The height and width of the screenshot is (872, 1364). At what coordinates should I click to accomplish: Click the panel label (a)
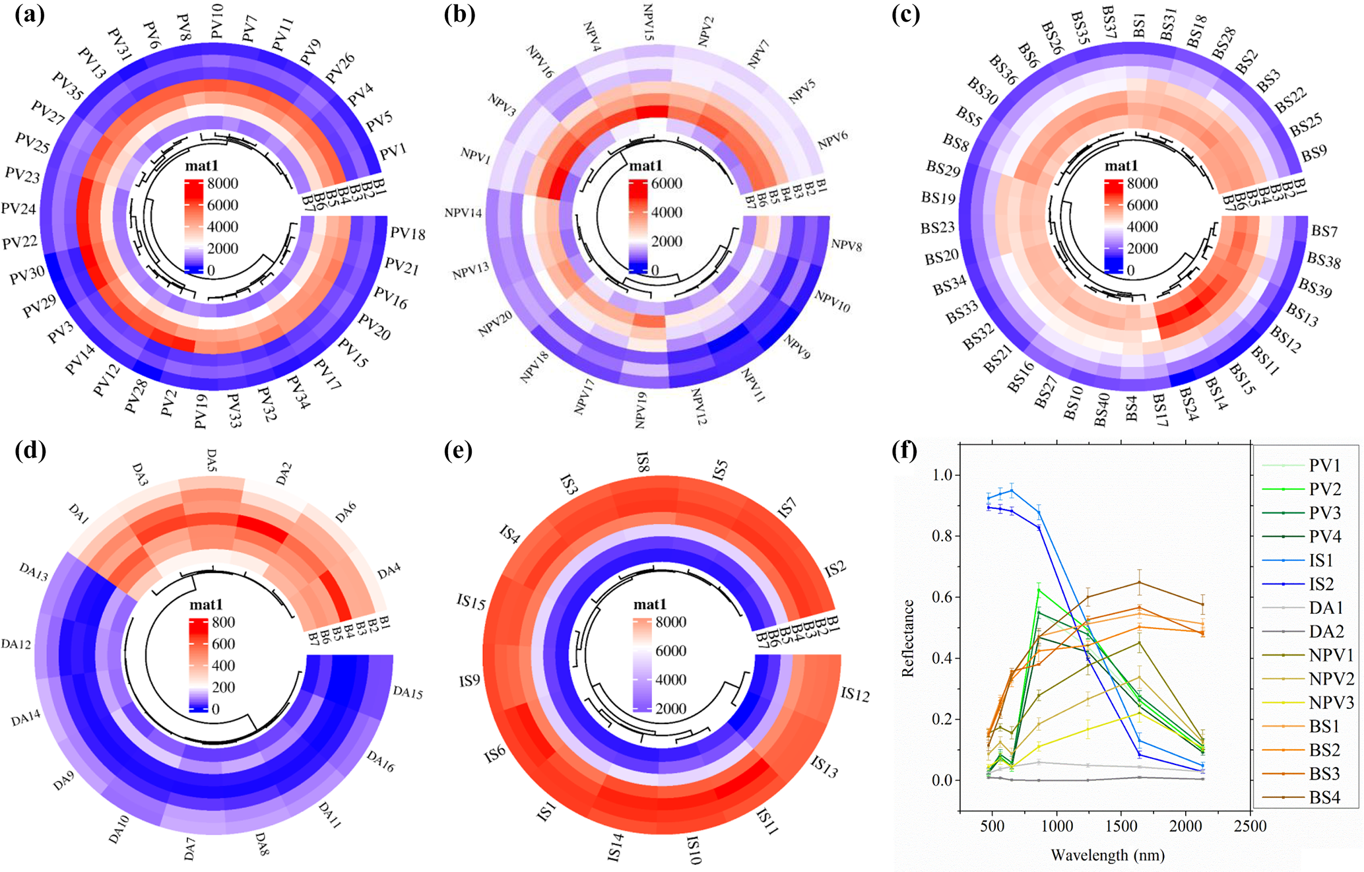[30, 15]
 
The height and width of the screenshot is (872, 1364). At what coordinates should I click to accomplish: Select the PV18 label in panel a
[407, 234]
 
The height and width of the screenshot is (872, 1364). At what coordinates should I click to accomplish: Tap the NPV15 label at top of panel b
[648, 22]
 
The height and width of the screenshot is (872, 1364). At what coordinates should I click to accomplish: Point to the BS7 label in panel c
[1324, 231]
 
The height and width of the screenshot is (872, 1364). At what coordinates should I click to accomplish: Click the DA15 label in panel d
[408, 692]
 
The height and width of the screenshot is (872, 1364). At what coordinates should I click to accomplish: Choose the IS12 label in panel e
[855, 694]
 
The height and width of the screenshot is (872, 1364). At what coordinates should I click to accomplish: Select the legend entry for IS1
[1321, 560]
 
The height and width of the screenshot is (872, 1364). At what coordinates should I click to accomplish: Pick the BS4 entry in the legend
[1324, 797]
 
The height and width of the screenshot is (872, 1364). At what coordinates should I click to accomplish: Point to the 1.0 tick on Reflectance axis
[943, 475]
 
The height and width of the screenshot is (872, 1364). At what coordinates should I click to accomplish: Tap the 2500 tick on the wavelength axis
[1250, 826]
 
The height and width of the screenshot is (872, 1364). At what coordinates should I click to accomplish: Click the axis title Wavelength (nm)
[1107, 855]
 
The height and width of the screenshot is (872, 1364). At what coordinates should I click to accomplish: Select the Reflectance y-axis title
[908, 638]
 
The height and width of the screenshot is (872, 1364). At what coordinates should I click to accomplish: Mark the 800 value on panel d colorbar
[223, 622]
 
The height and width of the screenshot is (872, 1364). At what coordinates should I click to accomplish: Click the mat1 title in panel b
[645, 166]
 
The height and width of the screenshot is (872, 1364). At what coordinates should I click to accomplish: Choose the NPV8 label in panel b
[846, 245]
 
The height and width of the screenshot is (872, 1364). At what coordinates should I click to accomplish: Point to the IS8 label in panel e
[642, 461]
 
